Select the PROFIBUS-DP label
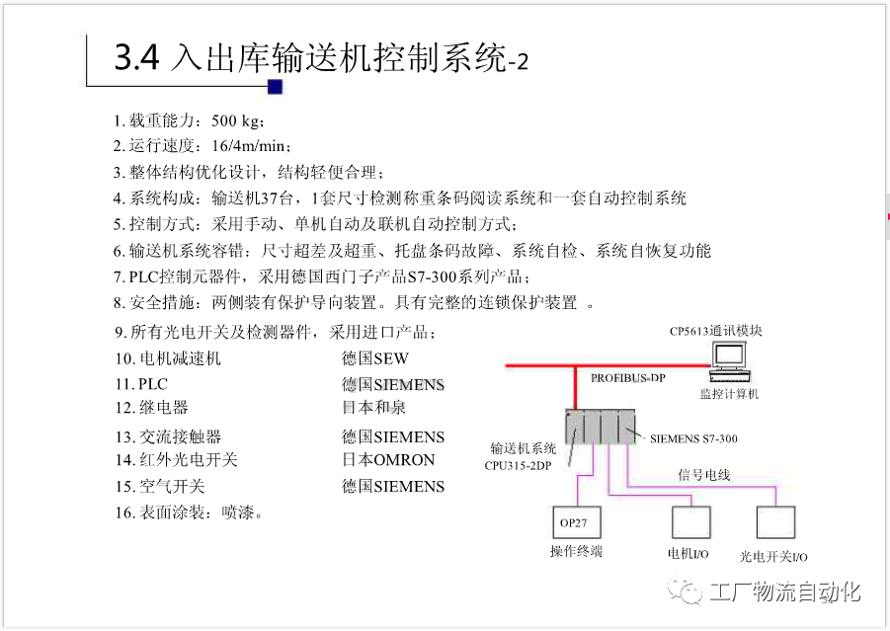coord(628,378)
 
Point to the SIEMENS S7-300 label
coord(693,438)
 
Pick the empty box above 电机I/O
coord(690,520)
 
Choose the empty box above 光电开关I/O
coord(775,520)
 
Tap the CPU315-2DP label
coord(518,464)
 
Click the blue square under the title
coord(275,87)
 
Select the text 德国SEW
coord(375,358)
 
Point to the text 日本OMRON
coord(388,459)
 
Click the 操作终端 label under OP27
coord(576,551)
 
